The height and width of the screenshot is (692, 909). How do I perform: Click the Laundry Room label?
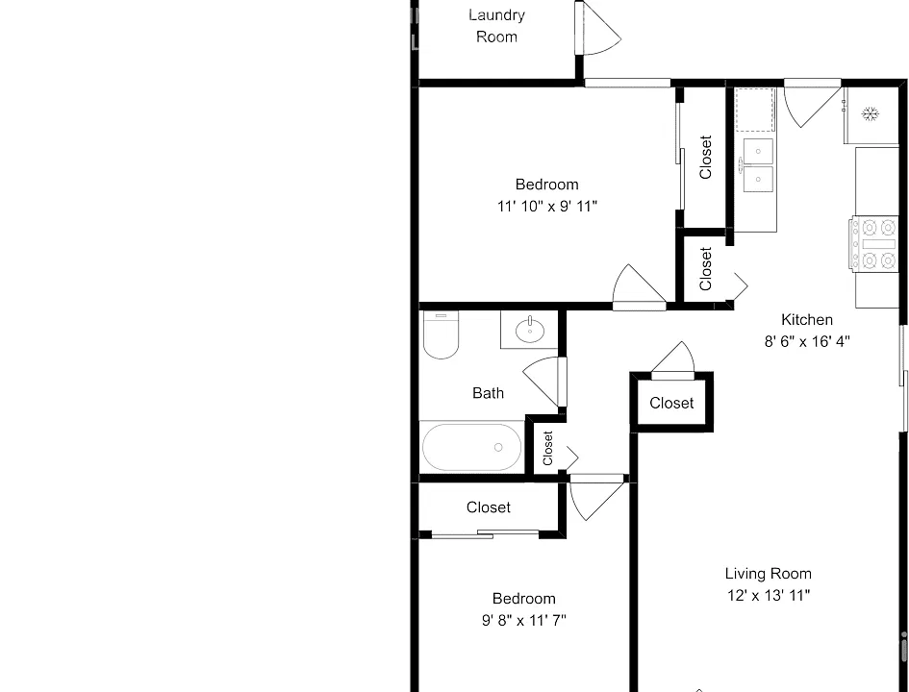tap(496, 26)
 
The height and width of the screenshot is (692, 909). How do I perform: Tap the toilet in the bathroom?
tap(441, 334)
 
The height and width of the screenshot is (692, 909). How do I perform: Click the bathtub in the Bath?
tap(471, 447)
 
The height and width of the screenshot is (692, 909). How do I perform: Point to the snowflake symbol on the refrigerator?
tap(870, 113)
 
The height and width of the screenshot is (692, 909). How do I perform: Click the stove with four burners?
tap(874, 243)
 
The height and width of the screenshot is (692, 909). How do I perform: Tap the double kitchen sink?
tap(757, 165)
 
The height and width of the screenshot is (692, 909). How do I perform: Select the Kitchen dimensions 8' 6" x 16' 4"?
tap(807, 341)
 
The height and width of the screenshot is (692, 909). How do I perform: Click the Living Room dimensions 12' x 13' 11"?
tap(769, 595)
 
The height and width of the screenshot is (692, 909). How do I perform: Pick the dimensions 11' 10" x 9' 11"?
tap(547, 206)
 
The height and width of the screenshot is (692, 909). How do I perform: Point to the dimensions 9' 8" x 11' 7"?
tap(524, 621)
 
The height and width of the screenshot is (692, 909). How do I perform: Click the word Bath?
tap(488, 393)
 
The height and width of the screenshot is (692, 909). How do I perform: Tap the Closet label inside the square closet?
tap(671, 403)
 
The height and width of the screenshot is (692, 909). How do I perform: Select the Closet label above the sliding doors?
tap(488, 507)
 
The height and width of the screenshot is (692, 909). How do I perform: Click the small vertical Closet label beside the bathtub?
tap(548, 448)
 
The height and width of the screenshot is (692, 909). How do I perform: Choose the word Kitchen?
tap(807, 320)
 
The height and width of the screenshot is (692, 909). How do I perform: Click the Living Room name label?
tap(769, 573)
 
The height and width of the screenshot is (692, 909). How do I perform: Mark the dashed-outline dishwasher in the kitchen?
tap(755, 110)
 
